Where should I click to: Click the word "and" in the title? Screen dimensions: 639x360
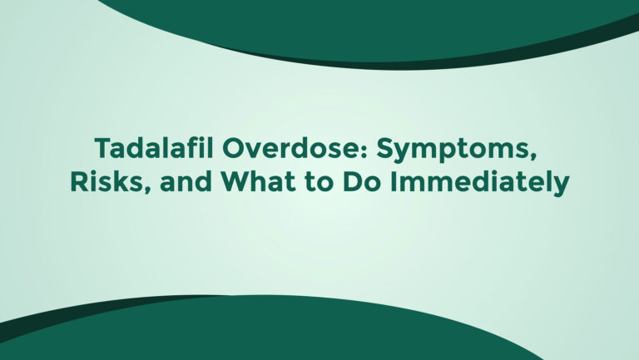[186, 181]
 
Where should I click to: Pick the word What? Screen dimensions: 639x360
[259, 181]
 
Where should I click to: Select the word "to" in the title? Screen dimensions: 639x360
[319, 183]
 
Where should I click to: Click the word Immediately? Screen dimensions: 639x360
[479, 184]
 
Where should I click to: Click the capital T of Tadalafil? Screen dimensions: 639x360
[104, 148]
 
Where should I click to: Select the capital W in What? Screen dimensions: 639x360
[236, 181]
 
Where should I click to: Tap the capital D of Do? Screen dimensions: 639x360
[353, 181]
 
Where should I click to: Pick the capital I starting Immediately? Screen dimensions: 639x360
[393, 181]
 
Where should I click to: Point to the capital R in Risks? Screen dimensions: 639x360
[80, 181]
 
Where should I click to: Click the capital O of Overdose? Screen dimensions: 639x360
[234, 148]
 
